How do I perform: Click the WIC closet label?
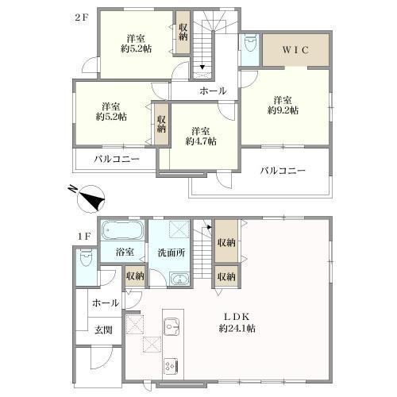tap(295, 50)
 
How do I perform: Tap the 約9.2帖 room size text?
tap(283, 110)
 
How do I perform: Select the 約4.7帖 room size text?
tap(201, 141)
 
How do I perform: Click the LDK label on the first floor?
tap(237, 317)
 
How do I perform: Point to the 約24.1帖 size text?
tap(237, 329)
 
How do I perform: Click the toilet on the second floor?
tap(250, 43)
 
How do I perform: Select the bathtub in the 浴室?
tap(123, 230)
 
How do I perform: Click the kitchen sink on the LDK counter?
tap(172, 326)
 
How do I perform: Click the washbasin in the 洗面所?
tap(180, 279)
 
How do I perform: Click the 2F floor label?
tap(81, 18)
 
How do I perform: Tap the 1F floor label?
tap(84, 237)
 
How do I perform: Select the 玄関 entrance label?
tap(103, 330)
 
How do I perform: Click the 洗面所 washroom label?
tap(172, 252)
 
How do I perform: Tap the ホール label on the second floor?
tap(213, 91)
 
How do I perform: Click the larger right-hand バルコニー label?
tap(283, 170)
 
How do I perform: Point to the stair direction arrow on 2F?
tap(202, 67)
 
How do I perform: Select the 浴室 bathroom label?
tap(125, 252)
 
